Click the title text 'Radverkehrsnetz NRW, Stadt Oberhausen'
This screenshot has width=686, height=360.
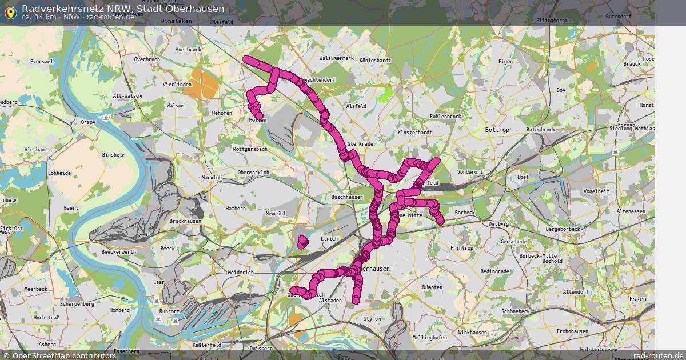[123, 9]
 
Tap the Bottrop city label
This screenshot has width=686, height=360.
[496, 130]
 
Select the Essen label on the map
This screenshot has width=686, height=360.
[637, 299]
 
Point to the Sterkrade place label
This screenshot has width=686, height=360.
[360, 144]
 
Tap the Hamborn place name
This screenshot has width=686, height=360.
[235, 209]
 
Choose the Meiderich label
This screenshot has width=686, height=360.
[240, 273]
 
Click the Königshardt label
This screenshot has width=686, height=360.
[375, 60]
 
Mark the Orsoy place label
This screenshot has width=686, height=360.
[88, 122]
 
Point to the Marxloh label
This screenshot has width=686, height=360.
[212, 178]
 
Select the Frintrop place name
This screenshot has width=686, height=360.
[461, 248]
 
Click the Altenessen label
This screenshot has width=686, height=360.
[631, 211]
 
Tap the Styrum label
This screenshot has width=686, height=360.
[372, 319]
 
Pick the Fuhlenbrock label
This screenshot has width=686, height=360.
[445, 117]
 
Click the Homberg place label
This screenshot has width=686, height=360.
[119, 310]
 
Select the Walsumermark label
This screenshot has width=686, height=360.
[336, 58]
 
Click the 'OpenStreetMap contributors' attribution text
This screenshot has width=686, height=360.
[64, 355]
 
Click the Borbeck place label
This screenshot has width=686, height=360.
[464, 213]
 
